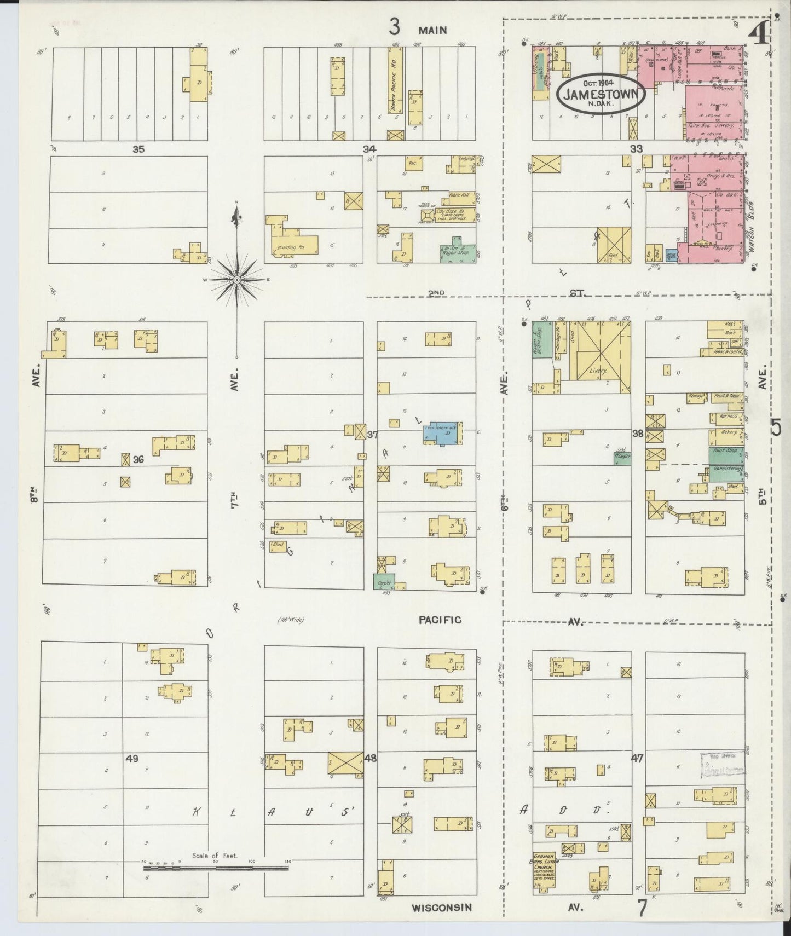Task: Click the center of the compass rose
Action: tap(236, 279)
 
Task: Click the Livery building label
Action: tap(598, 371)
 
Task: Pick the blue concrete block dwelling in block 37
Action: tap(443, 432)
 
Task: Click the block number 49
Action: tap(131, 759)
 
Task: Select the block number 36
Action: tap(138, 460)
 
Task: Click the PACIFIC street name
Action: tap(440, 620)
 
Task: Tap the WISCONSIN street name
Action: tap(441, 908)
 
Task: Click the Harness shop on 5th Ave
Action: tap(726, 419)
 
